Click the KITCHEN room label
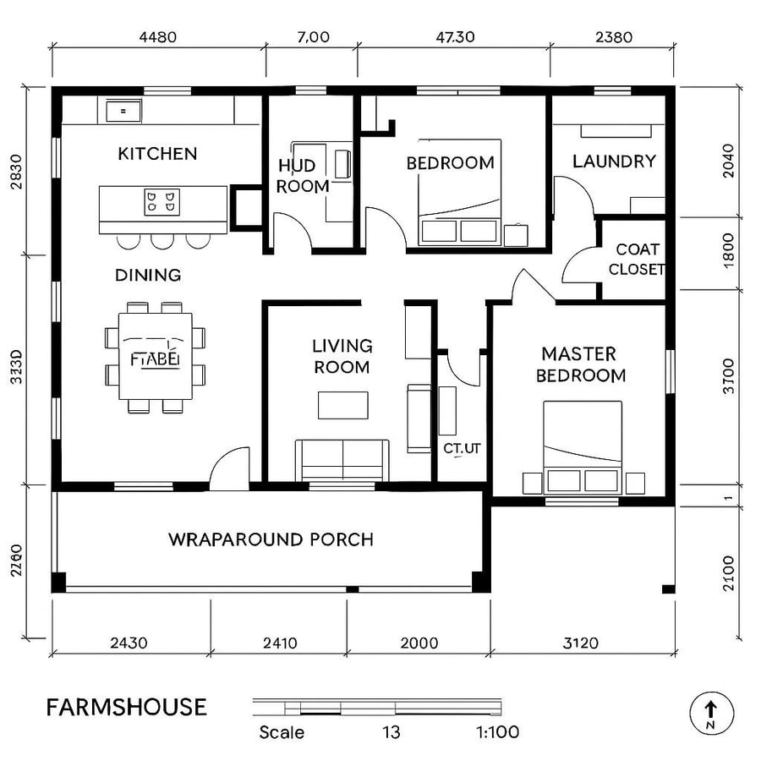[x=157, y=153]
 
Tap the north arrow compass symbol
[x=711, y=712]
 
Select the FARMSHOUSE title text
[x=126, y=707]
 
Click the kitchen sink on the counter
[x=123, y=110]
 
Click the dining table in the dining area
[x=155, y=357]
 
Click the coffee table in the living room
[x=342, y=405]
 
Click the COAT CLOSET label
[x=637, y=260]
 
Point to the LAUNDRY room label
[x=614, y=161]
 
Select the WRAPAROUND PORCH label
[x=271, y=539]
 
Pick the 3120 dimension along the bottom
[x=580, y=643]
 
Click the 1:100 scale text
[x=496, y=732]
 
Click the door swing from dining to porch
[x=230, y=469]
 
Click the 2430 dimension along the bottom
[x=129, y=643]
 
